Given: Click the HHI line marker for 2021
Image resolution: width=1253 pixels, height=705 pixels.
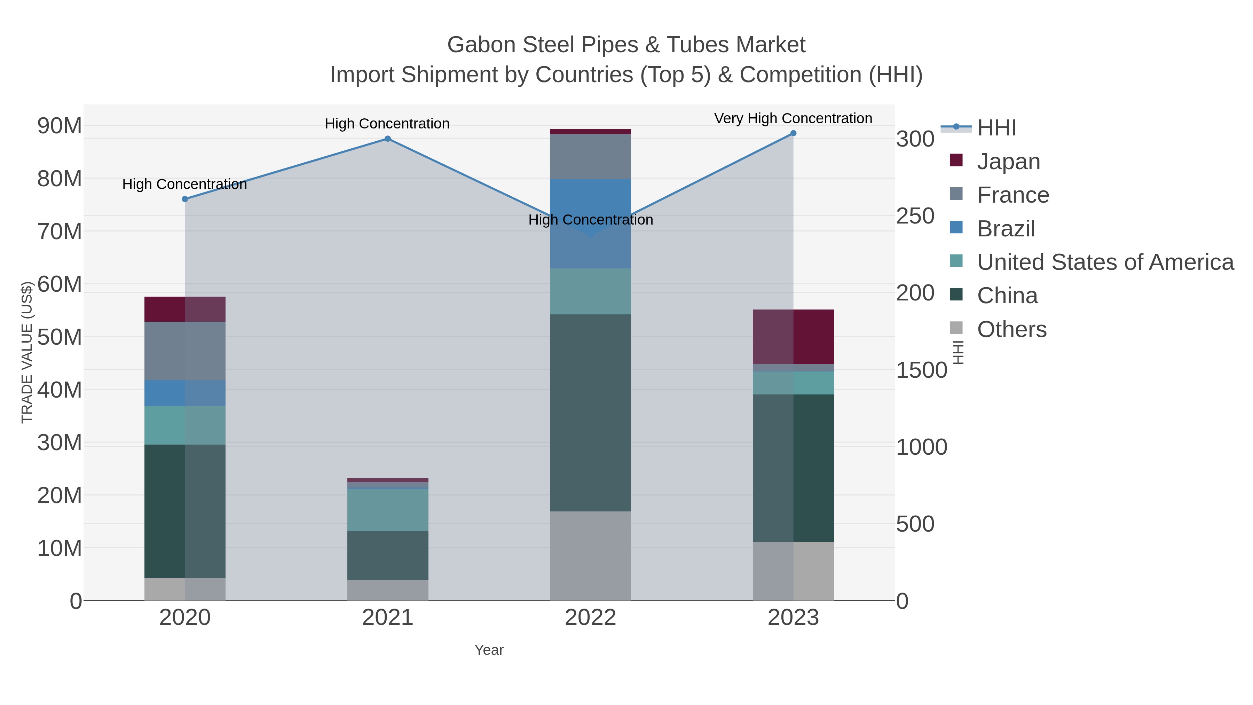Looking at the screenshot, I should click(388, 139).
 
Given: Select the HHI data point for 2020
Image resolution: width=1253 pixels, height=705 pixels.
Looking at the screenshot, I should click(185, 199).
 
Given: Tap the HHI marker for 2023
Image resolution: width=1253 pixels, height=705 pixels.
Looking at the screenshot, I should click(793, 133).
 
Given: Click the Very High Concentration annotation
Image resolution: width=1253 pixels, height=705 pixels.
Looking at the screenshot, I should click(793, 118).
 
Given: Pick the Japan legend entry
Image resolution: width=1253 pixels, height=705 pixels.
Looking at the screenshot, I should click(1008, 161).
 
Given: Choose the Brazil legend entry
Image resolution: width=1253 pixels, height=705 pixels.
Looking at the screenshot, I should click(1006, 229).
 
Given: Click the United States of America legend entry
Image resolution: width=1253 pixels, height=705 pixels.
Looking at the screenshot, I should click(1105, 262).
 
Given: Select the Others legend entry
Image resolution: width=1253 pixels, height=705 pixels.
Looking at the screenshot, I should click(1012, 329).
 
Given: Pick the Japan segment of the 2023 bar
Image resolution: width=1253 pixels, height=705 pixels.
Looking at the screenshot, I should click(793, 337).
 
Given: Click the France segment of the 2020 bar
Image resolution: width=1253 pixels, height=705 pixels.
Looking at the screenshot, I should click(185, 351).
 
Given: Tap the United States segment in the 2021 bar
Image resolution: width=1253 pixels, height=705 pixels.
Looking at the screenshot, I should click(388, 510).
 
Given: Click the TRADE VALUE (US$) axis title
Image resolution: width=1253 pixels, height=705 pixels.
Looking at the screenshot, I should click(27, 352).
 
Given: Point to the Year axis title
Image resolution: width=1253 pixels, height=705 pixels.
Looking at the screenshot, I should click(489, 650).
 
